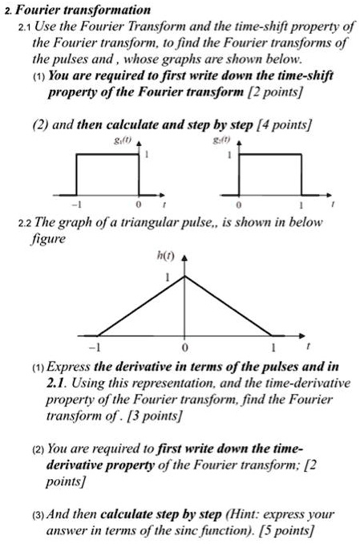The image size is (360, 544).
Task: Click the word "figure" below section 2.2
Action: pos(51,237)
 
